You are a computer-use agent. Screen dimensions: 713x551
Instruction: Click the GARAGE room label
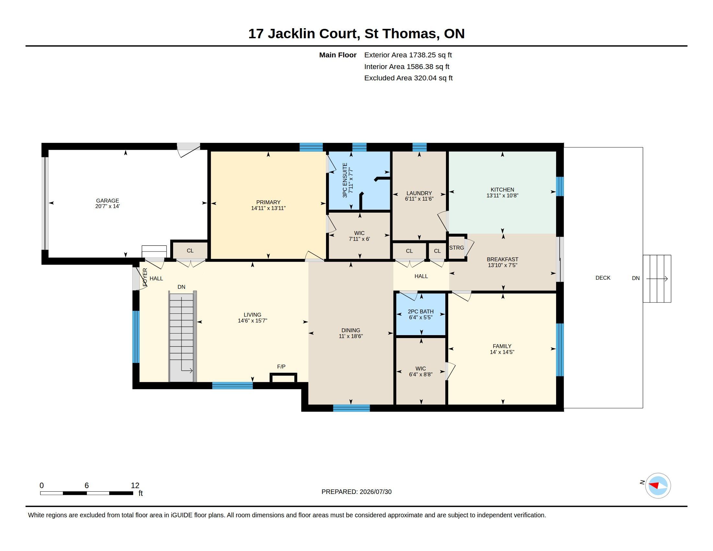click(x=107, y=201)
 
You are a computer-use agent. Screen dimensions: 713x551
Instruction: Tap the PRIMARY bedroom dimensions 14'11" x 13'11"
click(x=268, y=208)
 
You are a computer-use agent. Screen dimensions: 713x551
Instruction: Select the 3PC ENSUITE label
click(x=345, y=180)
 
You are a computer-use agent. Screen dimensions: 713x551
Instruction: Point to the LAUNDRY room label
click(x=419, y=193)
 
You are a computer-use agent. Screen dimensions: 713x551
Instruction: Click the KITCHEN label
click(x=502, y=190)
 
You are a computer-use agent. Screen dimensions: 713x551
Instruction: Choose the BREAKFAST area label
click(x=502, y=260)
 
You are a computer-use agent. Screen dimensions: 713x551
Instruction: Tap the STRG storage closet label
click(x=456, y=248)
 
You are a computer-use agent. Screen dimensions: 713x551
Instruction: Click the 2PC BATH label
click(x=421, y=311)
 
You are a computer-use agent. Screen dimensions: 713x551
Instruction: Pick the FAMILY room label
click(x=502, y=346)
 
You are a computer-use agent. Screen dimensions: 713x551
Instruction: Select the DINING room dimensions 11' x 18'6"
click(x=351, y=336)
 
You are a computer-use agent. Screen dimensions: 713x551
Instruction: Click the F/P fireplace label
click(x=281, y=367)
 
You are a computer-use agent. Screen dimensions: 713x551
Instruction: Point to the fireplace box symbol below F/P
click(x=283, y=378)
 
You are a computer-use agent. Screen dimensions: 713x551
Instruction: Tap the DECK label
click(x=603, y=278)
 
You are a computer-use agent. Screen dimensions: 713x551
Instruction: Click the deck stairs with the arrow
click(x=657, y=279)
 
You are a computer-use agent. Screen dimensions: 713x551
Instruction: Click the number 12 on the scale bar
click(x=135, y=486)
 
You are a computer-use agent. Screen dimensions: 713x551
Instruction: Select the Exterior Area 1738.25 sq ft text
click(x=408, y=55)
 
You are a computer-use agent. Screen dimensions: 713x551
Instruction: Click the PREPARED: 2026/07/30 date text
click(x=356, y=492)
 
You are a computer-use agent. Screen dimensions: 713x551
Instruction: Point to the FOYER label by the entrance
click(x=145, y=277)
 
